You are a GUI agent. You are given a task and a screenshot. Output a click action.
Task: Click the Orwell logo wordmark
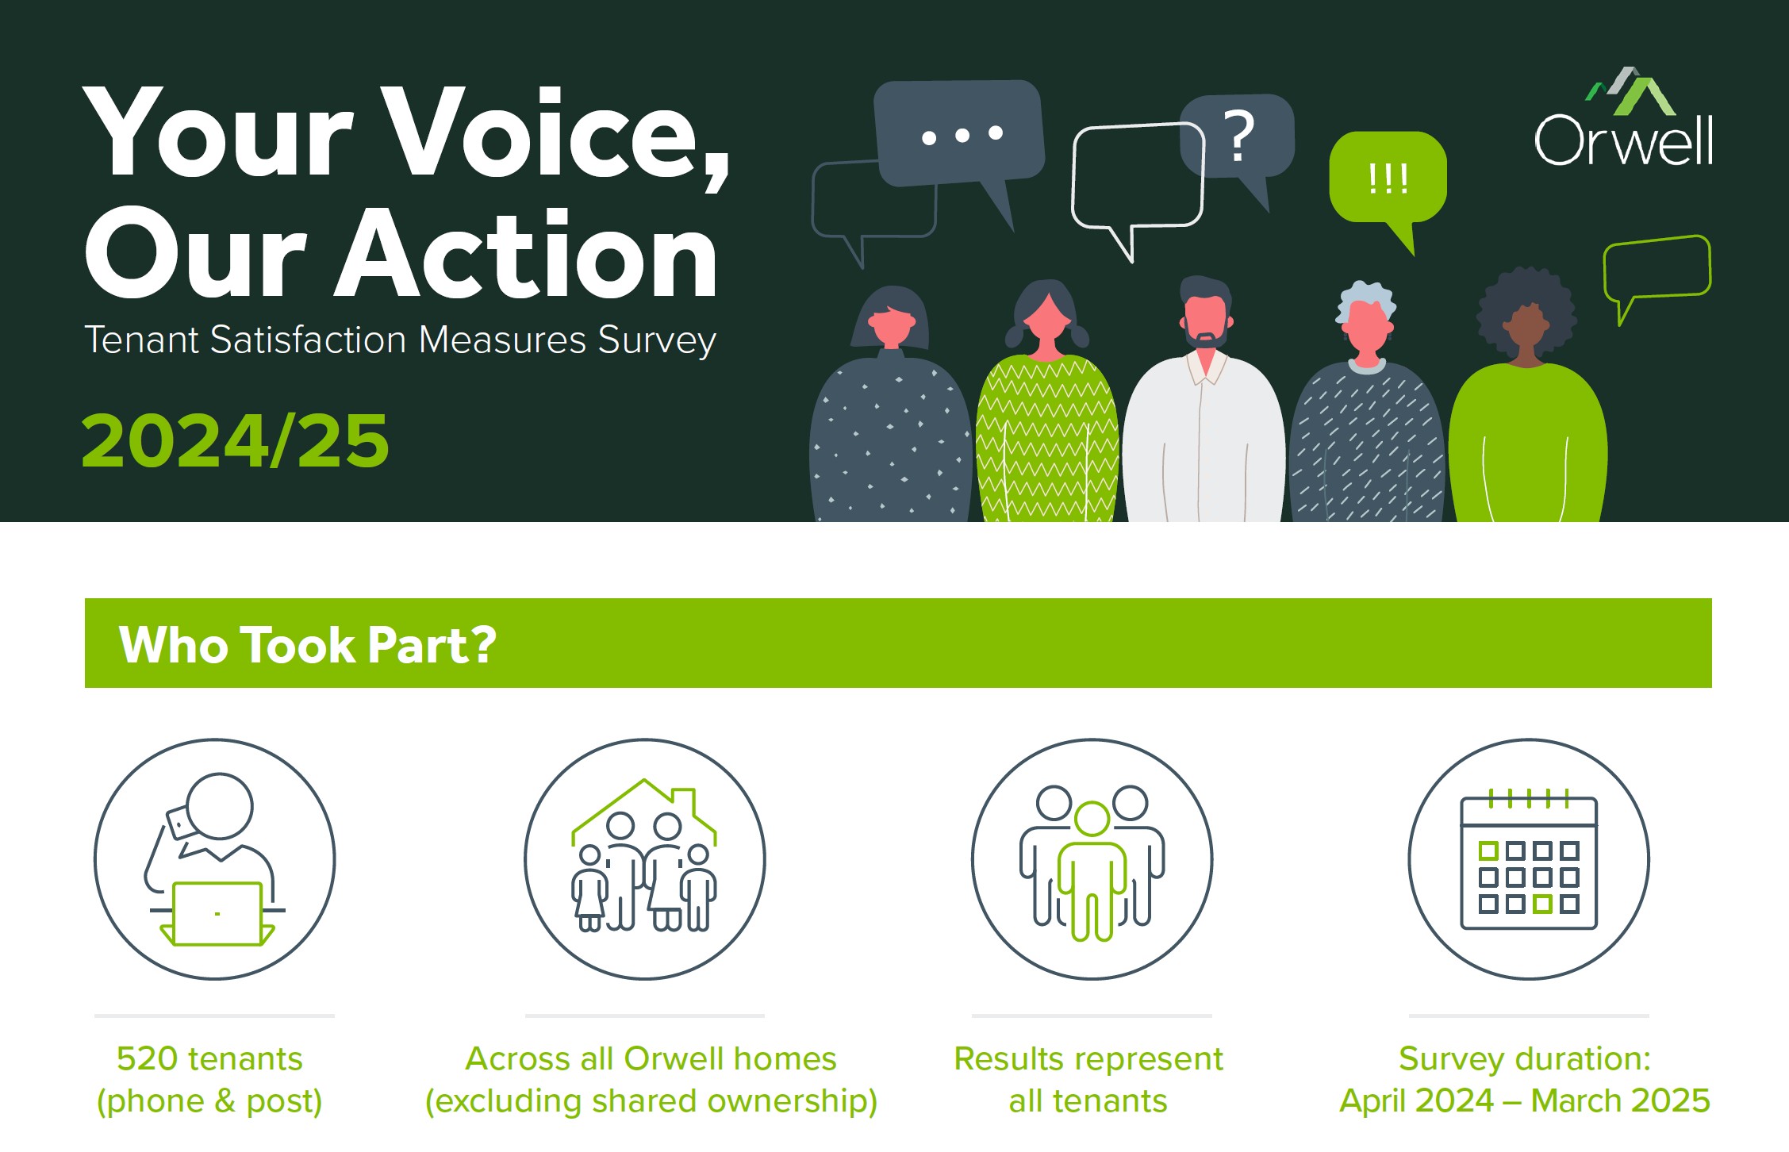1624,140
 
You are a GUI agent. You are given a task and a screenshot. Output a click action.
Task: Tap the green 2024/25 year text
235,440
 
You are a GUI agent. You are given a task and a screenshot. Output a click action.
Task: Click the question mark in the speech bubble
1239,136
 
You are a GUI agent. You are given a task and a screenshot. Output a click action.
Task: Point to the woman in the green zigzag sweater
1046,405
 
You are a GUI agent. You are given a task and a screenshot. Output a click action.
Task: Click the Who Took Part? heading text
307,644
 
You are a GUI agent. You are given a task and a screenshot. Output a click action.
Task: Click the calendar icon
1529,862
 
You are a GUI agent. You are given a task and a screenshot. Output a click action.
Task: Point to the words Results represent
1088,1059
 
